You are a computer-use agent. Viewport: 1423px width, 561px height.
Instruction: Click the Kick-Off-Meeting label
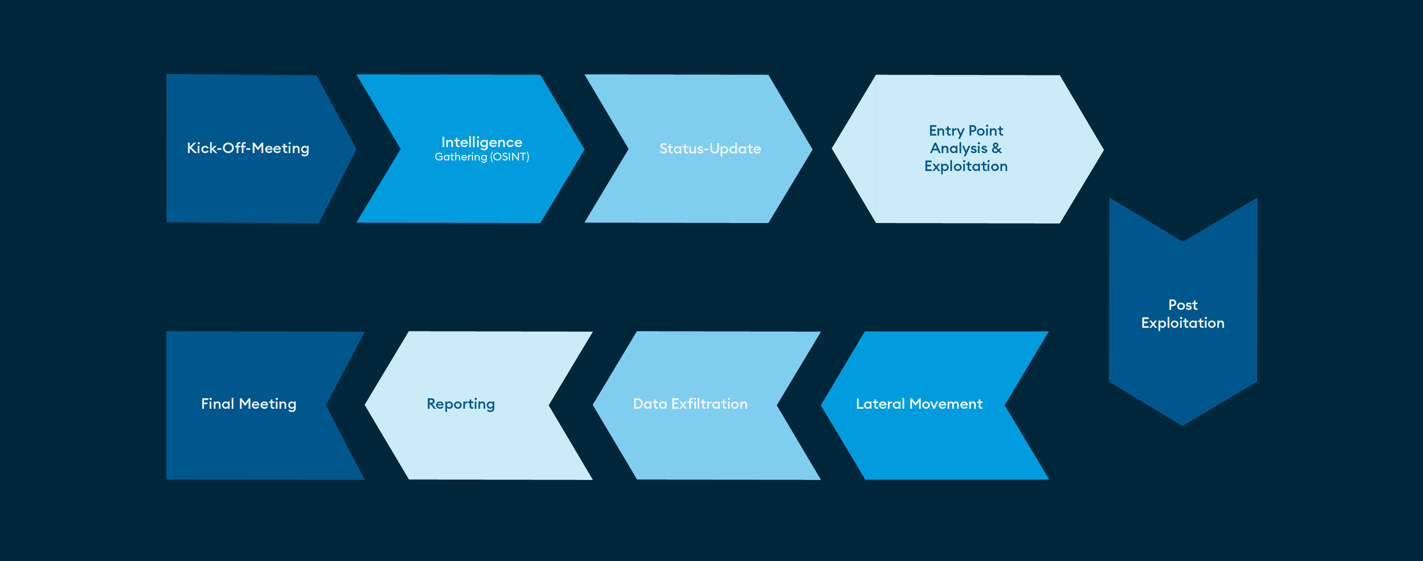[248, 148]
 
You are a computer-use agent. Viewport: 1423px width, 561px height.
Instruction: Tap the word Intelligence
[482, 142]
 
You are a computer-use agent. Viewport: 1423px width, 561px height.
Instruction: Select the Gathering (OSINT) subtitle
[482, 157]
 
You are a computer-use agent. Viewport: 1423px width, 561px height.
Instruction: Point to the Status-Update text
[710, 149]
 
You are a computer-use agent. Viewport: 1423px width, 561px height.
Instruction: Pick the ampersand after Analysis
[997, 148]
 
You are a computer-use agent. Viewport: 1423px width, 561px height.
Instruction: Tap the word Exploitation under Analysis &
[966, 166]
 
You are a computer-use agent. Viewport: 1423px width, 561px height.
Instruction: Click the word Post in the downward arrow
[1183, 304]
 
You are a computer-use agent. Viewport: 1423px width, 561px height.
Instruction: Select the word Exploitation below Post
[1183, 323]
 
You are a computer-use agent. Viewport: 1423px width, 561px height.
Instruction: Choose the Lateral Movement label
[919, 404]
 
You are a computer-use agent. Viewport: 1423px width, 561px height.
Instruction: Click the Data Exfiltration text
[691, 404]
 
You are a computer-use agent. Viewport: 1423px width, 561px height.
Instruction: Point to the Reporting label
[461, 405]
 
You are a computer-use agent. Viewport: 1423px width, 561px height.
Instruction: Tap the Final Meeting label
[249, 405]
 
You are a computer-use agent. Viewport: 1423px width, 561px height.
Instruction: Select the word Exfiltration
[709, 404]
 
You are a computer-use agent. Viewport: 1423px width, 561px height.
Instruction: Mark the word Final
[218, 404]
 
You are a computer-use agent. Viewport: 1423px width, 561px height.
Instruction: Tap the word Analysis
[958, 149]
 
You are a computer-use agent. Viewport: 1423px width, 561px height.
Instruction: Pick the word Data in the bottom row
[650, 404]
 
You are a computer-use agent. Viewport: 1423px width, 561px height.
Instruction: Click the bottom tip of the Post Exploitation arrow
[1183, 425]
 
